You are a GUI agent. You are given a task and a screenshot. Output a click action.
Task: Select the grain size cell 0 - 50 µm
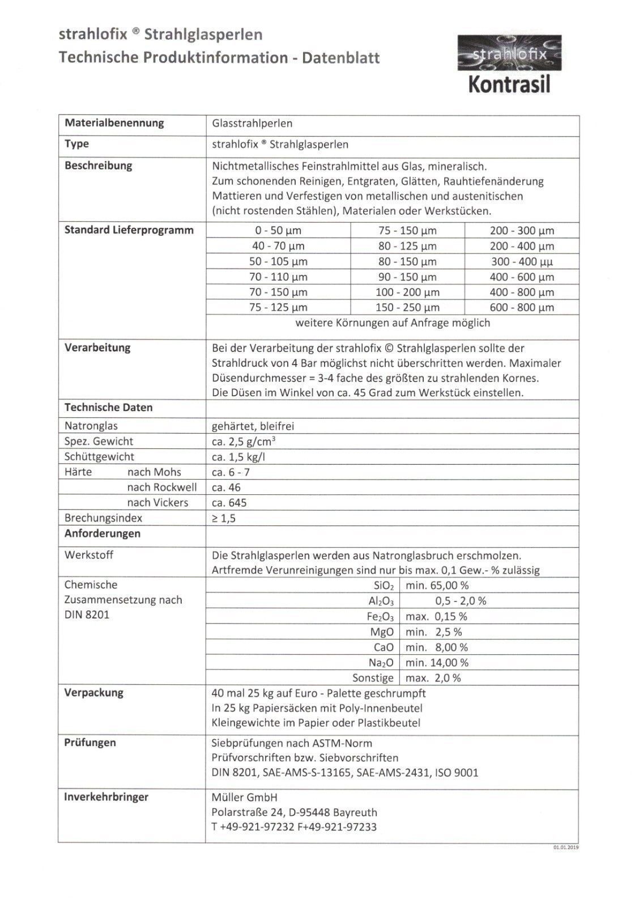278,231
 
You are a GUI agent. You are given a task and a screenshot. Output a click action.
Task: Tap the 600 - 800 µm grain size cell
522,308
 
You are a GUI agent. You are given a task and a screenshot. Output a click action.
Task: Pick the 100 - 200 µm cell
407,293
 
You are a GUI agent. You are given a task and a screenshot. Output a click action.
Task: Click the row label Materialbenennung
114,123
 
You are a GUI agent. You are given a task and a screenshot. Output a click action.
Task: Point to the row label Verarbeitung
97,347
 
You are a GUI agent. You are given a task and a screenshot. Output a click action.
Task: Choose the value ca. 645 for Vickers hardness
229,503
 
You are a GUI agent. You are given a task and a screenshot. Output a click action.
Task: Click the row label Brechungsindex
103,518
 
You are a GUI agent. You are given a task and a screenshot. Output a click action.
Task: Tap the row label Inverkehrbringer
106,797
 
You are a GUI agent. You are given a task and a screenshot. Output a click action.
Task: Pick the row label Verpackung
93,693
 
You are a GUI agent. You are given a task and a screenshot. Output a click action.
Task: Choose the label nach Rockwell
161,488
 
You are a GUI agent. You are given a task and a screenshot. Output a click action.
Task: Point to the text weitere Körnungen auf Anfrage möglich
393,323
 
